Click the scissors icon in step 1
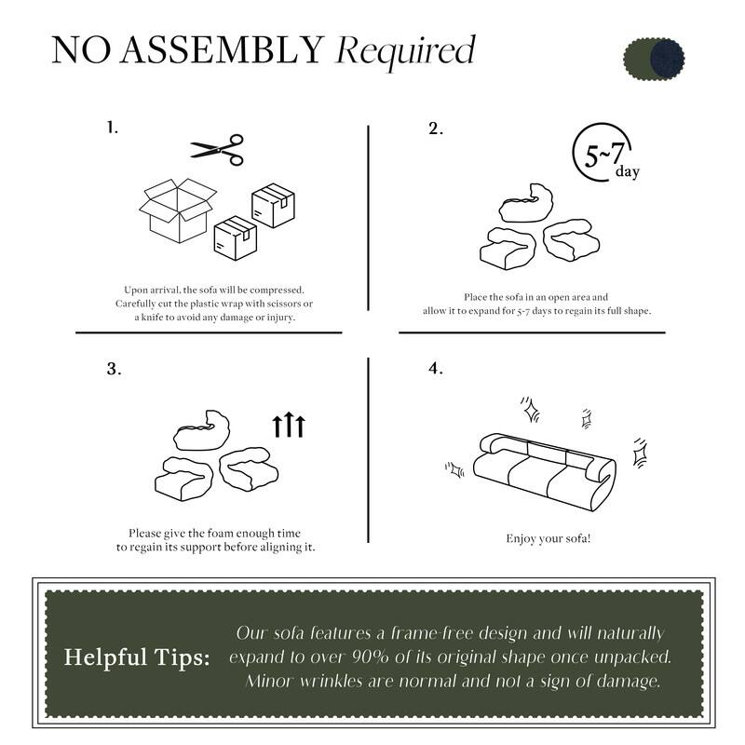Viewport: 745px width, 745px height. (217, 148)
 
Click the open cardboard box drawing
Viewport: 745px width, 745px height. (177, 210)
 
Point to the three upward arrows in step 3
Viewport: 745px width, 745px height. (289, 426)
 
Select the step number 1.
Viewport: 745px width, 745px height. (113, 128)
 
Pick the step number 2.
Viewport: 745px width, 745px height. (435, 129)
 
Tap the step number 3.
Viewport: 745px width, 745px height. (114, 369)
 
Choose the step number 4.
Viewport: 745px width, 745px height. (435, 369)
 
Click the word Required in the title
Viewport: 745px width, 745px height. (405, 51)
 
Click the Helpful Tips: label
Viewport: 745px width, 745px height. (137, 657)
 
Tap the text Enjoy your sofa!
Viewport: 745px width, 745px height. (549, 538)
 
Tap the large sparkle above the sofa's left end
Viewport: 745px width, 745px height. (531, 409)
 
